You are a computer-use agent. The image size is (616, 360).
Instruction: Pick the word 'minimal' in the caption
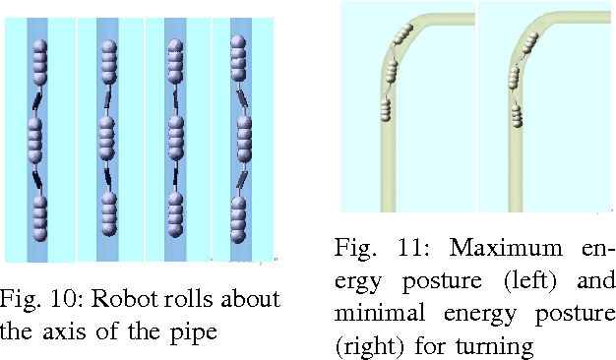click(x=373, y=315)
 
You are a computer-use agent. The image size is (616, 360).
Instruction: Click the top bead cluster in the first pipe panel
click(x=39, y=64)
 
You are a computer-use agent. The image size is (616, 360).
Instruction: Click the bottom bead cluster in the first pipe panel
click(x=39, y=218)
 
